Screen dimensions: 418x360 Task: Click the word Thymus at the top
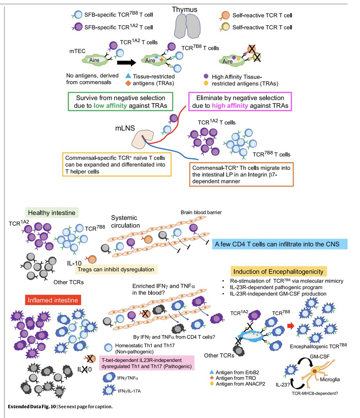coord(185,9)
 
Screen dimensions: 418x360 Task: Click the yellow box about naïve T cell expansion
coord(117,164)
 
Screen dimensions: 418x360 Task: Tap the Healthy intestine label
coord(52,212)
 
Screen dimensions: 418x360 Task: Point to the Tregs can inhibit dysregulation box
coord(116,269)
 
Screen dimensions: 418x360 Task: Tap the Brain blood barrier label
coord(201,212)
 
